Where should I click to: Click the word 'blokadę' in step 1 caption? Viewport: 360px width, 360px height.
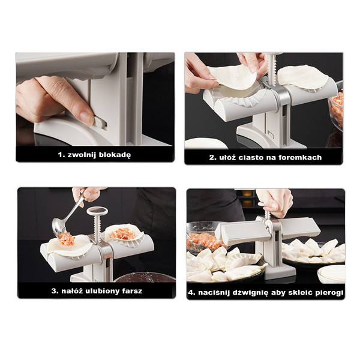click(115, 155)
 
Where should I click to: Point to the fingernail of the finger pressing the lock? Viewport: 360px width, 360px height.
click(86, 117)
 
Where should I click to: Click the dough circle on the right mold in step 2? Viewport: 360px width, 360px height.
click(303, 76)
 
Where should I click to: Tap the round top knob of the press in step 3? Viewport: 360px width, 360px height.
click(97, 211)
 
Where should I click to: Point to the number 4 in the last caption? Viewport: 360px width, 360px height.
click(190, 293)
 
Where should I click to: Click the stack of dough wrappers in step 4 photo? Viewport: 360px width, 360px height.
click(331, 274)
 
